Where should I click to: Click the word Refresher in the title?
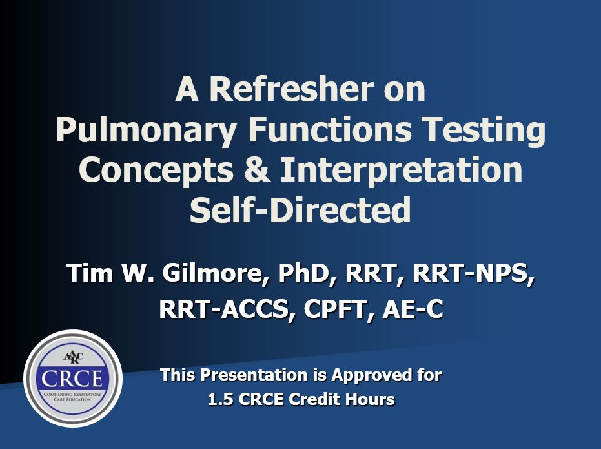click(291, 89)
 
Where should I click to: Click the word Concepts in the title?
click(156, 171)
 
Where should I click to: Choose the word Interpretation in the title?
click(402, 171)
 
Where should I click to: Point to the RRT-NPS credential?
click(473, 274)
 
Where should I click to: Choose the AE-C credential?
click(413, 309)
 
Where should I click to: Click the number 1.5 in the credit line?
click(220, 399)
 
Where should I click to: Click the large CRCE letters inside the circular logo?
click(72, 379)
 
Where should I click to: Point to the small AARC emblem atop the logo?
click(73, 358)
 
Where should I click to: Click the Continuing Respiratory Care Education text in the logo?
click(72, 397)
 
